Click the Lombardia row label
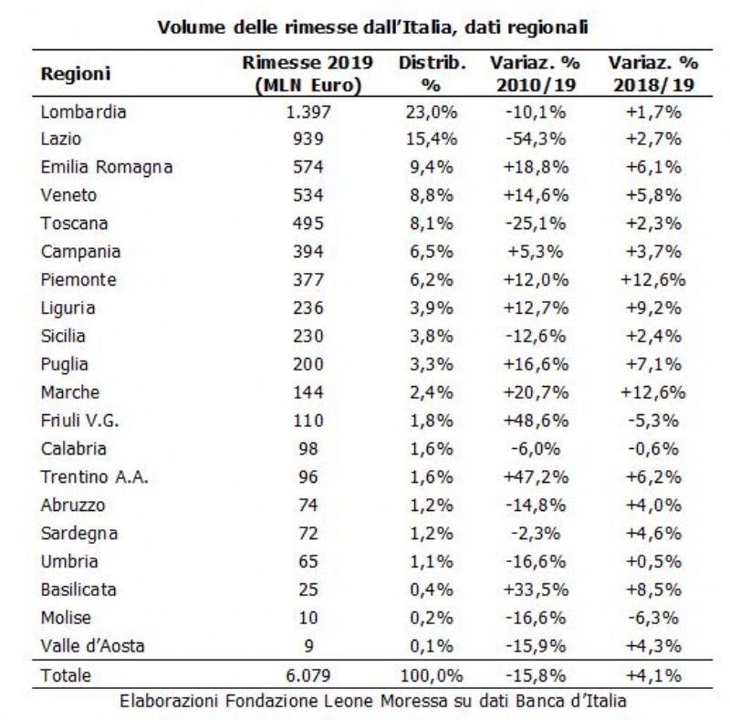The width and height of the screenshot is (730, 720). click(x=83, y=112)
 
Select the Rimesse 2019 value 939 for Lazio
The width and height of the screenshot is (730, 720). click(x=308, y=139)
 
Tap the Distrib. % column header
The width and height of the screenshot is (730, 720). click(x=432, y=74)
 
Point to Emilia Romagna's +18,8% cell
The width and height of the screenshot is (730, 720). click(x=536, y=167)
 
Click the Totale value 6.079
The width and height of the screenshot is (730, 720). click(x=308, y=675)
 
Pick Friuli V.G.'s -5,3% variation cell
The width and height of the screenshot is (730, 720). click(x=653, y=421)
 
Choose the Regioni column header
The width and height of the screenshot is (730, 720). click(x=76, y=74)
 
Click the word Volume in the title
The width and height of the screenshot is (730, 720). click(x=192, y=27)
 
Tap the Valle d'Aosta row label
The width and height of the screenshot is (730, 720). click(x=93, y=646)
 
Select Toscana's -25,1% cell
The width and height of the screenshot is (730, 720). click(x=536, y=224)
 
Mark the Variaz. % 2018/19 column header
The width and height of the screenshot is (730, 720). click(x=653, y=74)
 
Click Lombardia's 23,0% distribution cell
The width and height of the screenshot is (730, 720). click(x=432, y=112)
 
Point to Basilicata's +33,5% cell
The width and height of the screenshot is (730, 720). click(x=536, y=590)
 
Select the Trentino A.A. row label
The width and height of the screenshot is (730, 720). click(x=95, y=477)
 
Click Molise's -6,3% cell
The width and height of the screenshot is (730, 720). click(x=653, y=618)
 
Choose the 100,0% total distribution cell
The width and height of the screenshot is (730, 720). click(x=432, y=675)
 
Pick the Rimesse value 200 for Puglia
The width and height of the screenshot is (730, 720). click(x=308, y=364)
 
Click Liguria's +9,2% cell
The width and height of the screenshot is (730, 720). click(x=653, y=308)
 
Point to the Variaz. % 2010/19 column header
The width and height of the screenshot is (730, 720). click(x=536, y=74)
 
